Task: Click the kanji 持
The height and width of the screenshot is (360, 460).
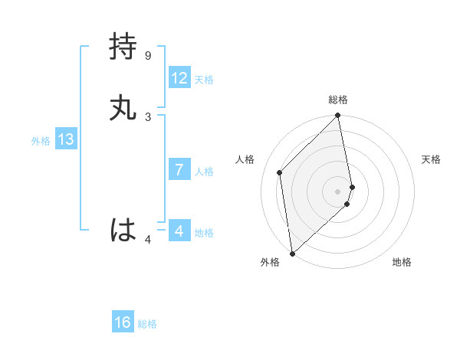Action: click(x=123, y=47)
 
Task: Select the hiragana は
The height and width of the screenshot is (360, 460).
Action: click(x=123, y=230)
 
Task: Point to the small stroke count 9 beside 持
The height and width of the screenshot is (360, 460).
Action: click(x=148, y=56)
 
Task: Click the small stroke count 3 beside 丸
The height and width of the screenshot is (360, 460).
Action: click(x=148, y=117)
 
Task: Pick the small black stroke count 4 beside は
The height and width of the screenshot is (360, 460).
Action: click(x=148, y=240)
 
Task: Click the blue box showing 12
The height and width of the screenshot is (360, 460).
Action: click(x=179, y=78)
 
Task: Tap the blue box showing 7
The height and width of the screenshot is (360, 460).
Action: click(x=179, y=170)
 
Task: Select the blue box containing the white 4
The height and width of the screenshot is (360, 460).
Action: click(x=179, y=231)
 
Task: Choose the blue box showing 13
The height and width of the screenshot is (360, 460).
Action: click(x=65, y=139)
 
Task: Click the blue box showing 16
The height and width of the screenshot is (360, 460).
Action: click(x=122, y=322)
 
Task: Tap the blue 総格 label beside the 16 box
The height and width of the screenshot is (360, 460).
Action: click(x=147, y=324)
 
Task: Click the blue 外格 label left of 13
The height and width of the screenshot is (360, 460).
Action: click(x=41, y=141)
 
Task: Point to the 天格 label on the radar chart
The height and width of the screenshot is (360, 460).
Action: click(x=431, y=159)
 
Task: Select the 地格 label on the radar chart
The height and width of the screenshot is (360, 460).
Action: click(x=402, y=262)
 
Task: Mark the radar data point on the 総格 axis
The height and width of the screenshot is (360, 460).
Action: click(x=338, y=116)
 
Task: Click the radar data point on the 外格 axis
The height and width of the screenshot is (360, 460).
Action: click(x=292, y=253)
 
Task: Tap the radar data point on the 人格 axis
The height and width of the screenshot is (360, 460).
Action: click(x=280, y=172)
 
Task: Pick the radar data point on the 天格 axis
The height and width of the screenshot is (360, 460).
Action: click(x=352, y=187)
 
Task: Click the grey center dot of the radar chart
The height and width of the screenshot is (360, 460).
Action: click(x=338, y=191)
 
